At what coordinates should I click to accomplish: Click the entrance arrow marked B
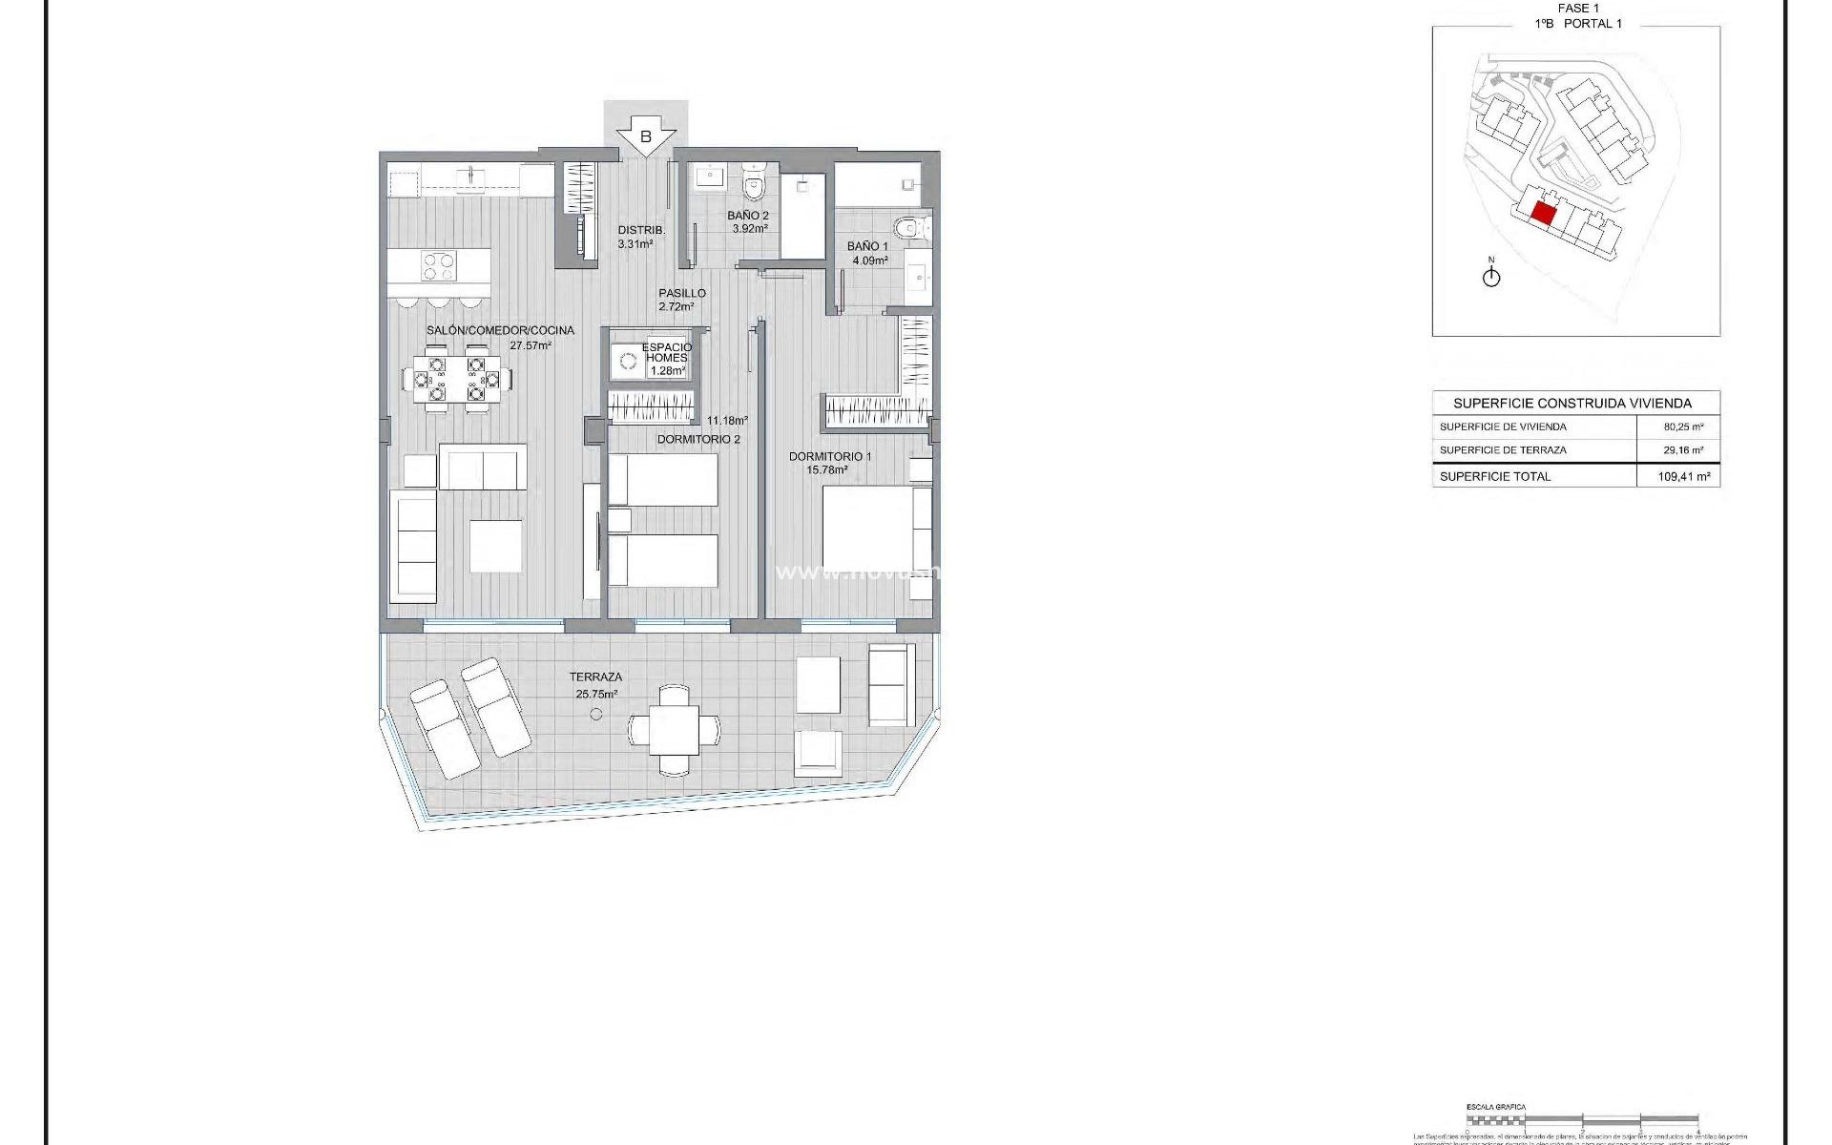coord(645,136)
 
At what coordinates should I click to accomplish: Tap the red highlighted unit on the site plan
coord(1543,212)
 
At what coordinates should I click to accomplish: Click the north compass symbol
coord(1491,277)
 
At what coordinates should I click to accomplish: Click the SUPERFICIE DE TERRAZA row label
coord(1503,449)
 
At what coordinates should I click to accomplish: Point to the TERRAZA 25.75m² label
coord(596,685)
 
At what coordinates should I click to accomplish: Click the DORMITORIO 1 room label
coord(829,462)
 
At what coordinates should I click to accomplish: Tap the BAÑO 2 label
coord(748,221)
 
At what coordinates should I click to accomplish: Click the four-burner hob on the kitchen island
coord(439,265)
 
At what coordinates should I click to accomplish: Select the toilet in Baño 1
coord(908,227)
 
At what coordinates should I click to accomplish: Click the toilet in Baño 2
coord(754,180)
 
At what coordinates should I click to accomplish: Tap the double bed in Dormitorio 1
coord(873,530)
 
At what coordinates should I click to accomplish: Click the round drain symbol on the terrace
coord(596,714)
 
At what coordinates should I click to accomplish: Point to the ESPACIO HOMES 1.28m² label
coord(666,358)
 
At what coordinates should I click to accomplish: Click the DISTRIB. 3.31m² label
coord(639,237)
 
